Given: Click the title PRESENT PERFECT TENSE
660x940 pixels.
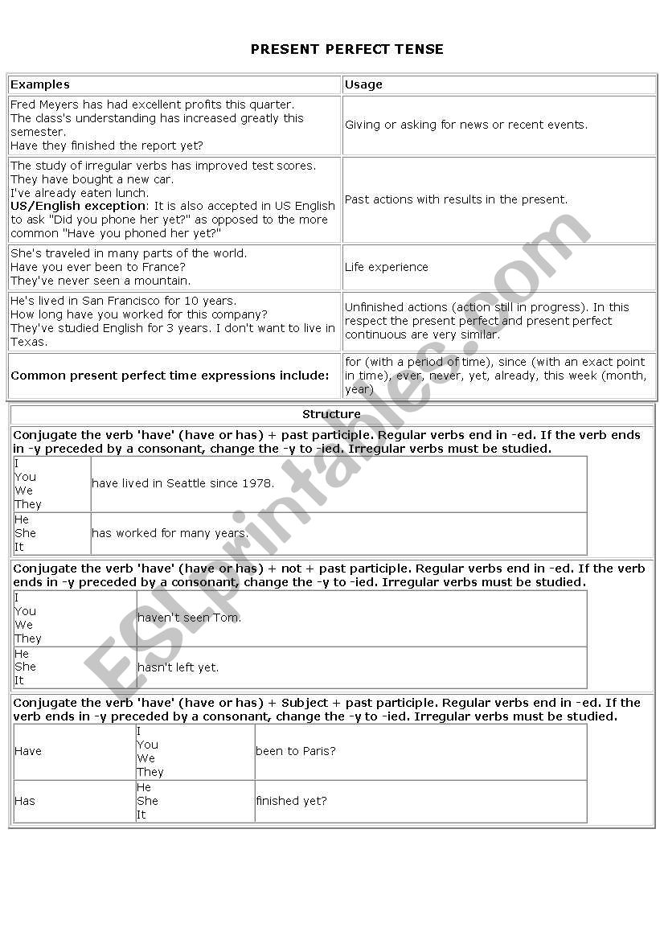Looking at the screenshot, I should click(346, 49).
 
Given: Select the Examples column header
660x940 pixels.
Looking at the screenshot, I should click(40, 84).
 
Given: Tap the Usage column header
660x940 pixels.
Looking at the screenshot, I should click(363, 84).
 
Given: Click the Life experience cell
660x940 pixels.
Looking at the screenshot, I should click(387, 267).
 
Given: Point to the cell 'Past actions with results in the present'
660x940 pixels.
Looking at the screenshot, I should click(456, 199).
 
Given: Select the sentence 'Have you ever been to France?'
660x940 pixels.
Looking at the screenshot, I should click(98, 267).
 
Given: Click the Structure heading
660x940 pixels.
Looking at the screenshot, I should click(331, 414).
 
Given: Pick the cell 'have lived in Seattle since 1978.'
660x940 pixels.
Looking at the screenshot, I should click(183, 483).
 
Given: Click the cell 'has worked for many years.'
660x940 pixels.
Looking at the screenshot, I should click(170, 533).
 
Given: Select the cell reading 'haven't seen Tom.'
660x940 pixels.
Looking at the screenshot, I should click(190, 618).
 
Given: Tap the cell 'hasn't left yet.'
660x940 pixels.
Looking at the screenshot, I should click(178, 667).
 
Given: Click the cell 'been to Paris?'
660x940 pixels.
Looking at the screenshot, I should click(296, 751).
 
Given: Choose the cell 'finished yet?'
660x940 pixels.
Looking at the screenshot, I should click(291, 801).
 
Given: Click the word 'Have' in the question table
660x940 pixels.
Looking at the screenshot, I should click(28, 751).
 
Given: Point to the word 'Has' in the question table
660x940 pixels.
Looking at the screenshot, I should click(25, 801).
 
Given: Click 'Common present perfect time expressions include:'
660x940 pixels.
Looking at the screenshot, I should click(170, 376).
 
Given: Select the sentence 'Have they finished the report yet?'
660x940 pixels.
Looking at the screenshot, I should click(107, 146).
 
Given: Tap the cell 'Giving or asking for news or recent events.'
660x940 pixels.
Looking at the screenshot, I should click(466, 125).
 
